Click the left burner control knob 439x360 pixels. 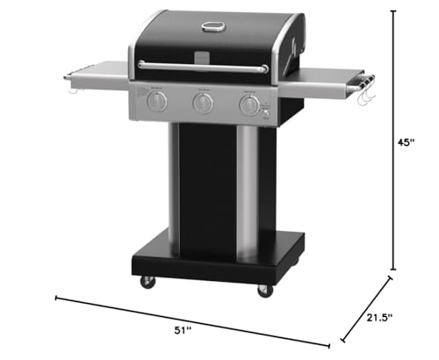tap(156, 102)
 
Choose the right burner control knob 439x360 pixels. tap(250, 106)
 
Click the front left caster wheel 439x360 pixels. tap(147, 282)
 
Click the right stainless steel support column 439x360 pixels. tap(248, 189)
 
